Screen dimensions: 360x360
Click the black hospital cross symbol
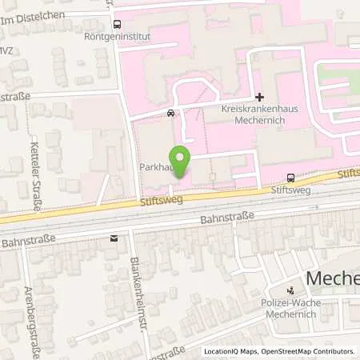click(x=258, y=97)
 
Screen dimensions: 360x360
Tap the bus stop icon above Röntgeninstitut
click(x=117, y=24)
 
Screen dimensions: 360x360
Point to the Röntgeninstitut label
click(x=117, y=35)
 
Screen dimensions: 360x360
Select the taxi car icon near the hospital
click(x=170, y=113)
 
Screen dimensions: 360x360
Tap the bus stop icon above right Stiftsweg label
click(x=289, y=178)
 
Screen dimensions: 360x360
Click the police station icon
click(x=292, y=290)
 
